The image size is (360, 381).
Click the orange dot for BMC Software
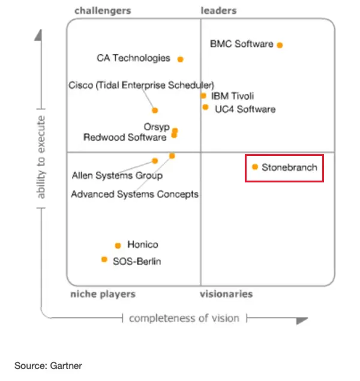click(x=280, y=45)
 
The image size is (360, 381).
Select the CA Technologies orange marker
click(x=180, y=59)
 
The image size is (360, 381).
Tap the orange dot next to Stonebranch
click(x=255, y=167)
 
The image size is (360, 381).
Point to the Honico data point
click(x=118, y=245)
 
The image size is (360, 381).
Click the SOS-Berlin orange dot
click(x=104, y=260)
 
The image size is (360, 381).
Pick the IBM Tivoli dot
click(x=203, y=96)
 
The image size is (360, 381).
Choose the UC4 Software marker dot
click(x=205, y=107)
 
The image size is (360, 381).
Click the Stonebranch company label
click(x=289, y=167)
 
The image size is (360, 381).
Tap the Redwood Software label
click(x=125, y=137)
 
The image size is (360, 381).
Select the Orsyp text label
click(x=157, y=127)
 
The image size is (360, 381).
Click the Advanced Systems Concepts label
click(x=135, y=194)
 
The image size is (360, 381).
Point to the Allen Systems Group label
click(x=118, y=175)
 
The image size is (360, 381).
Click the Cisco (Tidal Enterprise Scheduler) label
click(x=142, y=85)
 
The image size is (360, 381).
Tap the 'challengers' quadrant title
click(x=103, y=11)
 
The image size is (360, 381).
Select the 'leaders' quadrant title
click(x=218, y=11)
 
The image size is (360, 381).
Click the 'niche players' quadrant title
click(x=103, y=294)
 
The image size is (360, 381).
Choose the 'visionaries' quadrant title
click(x=226, y=294)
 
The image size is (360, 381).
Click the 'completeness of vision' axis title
click(x=184, y=318)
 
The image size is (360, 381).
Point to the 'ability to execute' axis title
click(x=41, y=157)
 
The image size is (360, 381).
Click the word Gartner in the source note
click(x=66, y=365)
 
